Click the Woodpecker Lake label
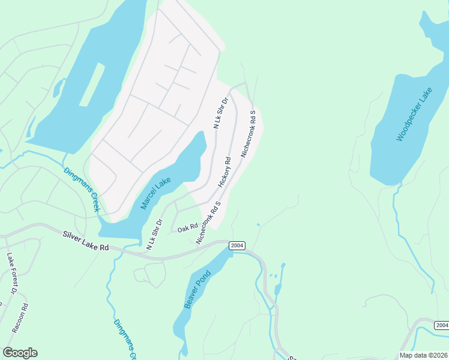pos(414,114)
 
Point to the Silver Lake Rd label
pos(86,239)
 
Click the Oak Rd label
pos(187,228)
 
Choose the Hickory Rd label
pos(224,172)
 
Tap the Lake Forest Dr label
pos(11,274)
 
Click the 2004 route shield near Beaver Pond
pos(237,245)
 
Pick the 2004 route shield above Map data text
pos(441,325)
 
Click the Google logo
pos(20,353)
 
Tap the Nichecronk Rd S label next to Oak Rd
pos(208,223)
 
